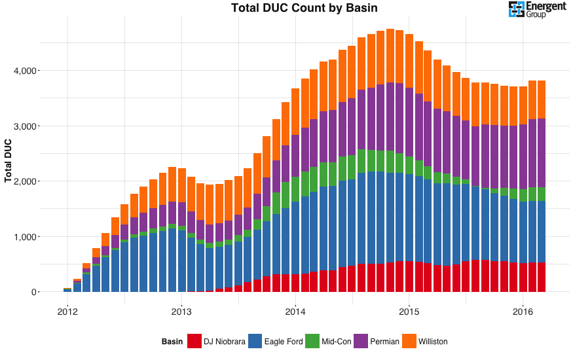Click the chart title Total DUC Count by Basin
304,8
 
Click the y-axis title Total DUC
9,160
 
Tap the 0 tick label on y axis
32,292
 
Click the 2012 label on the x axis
67,310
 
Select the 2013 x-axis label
181,310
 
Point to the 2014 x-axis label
295,310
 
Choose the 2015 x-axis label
409,310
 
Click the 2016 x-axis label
523,310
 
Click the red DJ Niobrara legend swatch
194,341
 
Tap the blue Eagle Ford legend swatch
255,341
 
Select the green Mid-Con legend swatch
312,341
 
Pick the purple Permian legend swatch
360,341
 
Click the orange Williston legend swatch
409,341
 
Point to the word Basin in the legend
172,342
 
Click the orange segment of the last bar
542,99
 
